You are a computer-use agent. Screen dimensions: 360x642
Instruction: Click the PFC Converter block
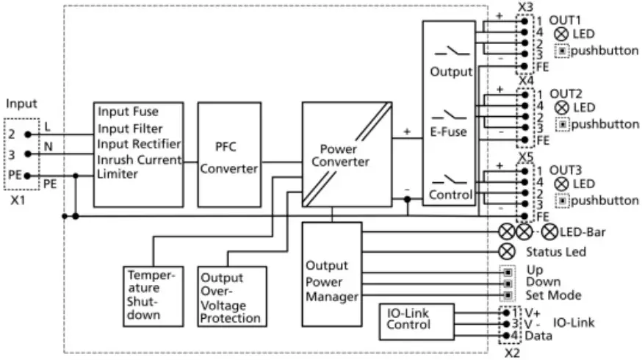coord(229,154)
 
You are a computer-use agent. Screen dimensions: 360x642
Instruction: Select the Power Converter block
coord(346,154)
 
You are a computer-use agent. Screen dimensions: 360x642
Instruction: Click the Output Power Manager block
coord(331,278)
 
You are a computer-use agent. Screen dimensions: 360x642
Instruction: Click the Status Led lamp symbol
coord(506,251)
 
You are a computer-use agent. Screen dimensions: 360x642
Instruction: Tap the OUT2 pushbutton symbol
coord(563,124)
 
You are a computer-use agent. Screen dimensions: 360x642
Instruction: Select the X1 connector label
coord(18,198)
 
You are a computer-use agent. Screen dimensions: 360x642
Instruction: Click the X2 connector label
coord(511,353)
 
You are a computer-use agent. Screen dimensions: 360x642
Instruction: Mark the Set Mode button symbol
coord(506,295)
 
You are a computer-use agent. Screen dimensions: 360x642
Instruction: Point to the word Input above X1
coord(21,104)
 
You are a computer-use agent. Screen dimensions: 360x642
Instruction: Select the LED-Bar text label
coord(583,232)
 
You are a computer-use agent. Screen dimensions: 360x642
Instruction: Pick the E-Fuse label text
coord(450,134)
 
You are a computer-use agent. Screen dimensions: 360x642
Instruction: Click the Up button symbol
coord(506,270)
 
